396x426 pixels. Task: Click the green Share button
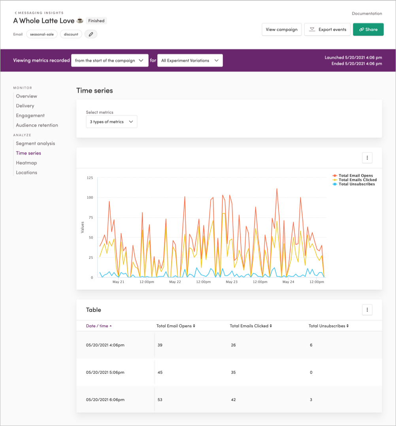point(368,30)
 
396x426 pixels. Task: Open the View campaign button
point(281,30)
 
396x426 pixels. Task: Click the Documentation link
point(367,13)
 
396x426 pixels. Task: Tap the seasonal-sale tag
point(42,34)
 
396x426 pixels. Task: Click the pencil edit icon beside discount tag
point(91,34)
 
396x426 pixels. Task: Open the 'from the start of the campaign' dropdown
point(110,60)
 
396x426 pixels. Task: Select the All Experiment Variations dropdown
point(190,60)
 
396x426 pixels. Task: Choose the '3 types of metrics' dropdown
point(111,122)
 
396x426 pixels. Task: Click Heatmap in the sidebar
point(26,163)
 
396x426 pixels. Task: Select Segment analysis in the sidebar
point(36,143)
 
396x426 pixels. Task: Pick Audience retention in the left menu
point(37,125)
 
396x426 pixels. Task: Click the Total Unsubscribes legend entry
point(356,184)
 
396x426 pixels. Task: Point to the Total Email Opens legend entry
point(355,175)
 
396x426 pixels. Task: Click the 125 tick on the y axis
point(90,178)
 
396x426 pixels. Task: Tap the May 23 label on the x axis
point(231,282)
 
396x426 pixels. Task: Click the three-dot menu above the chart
point(367,158)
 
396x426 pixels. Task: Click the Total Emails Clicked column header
point(251,326)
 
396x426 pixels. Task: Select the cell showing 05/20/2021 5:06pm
point(105,372)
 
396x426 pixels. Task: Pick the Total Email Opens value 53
point(160,400)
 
